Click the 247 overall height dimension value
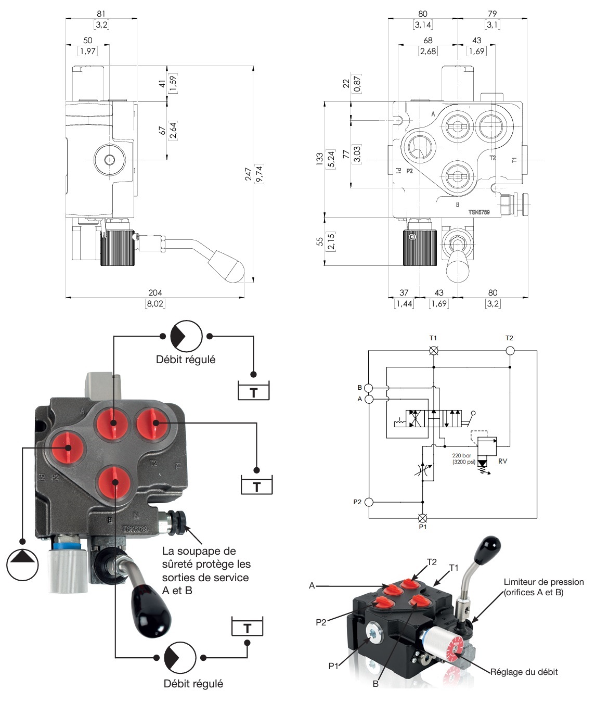coord(249,174)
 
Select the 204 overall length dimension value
coord(154,293)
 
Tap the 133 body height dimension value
coord(320,159)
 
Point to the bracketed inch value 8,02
coord(154,303)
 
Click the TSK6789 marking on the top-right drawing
coord(478,212)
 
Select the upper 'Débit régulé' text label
coord(186,360)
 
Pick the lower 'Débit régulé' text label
coord(193,684)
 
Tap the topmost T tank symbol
coord(253,391)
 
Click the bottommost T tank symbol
coord(247,628)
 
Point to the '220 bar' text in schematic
coord(461,455)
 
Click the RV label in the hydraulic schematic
coord(502,461)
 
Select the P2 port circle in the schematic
coord(369,502)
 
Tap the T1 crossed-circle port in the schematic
coord(433,351)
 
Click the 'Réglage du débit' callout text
coord(524,672)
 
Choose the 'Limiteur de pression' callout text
coord(543,582)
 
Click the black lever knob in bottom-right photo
coord(490,546)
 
